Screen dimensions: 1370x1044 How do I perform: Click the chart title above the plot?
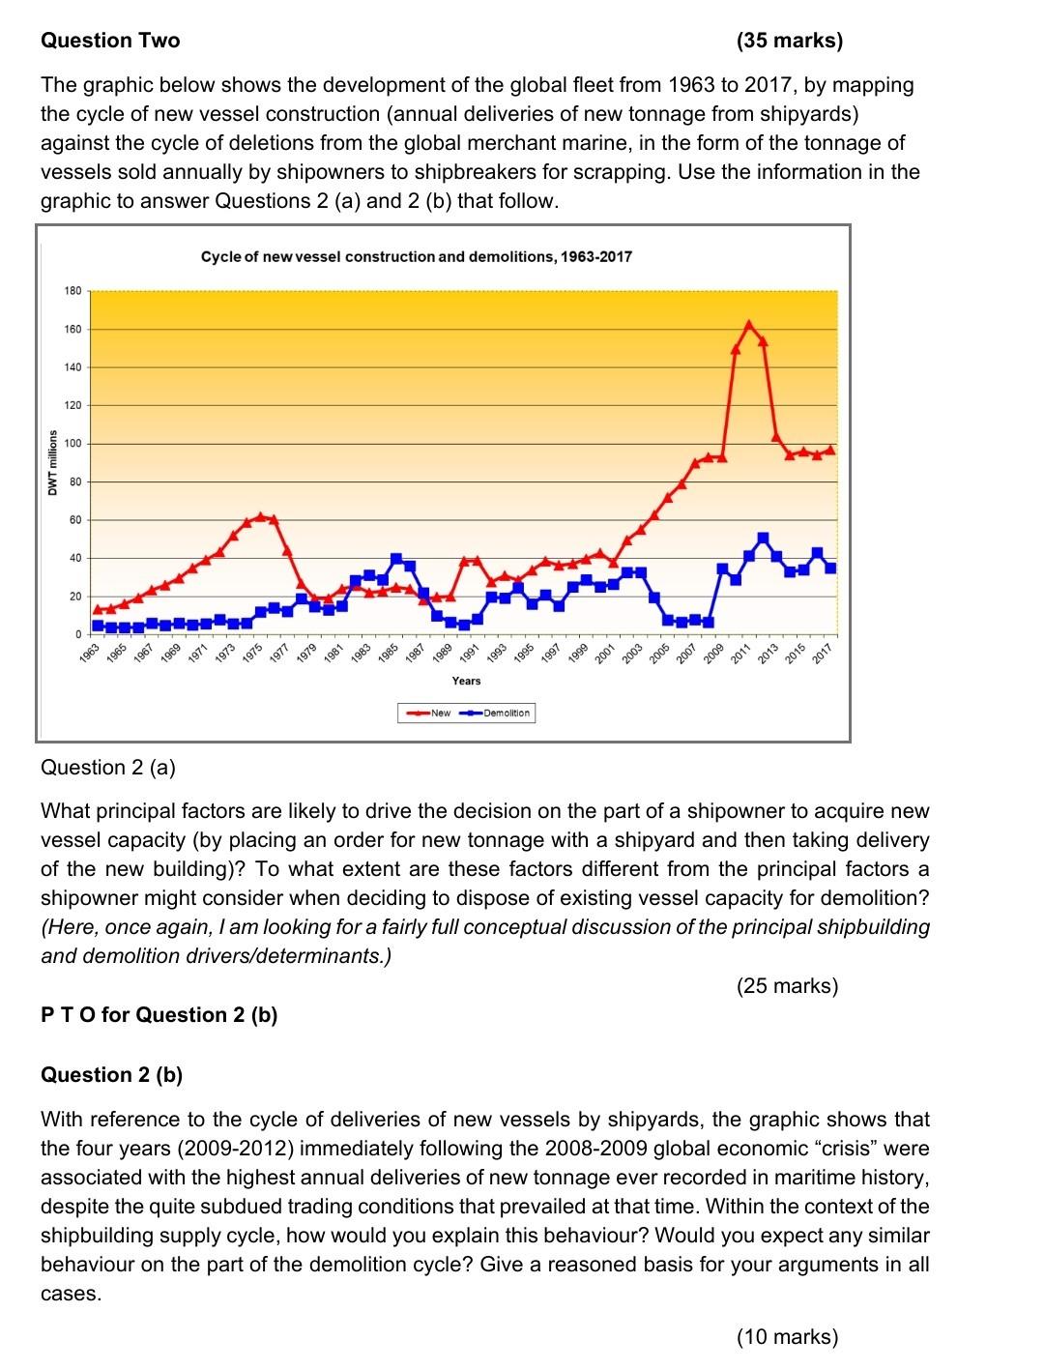(416, 257)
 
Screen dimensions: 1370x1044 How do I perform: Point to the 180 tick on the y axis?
(72, 291)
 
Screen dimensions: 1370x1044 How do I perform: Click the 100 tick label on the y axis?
(72, 444)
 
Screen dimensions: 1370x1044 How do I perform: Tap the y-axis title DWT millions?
(53, 462)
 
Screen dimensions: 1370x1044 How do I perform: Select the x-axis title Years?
(466, 681)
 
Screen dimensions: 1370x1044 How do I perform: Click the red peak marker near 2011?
(749, 324)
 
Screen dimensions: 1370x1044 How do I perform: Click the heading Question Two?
(110, 41)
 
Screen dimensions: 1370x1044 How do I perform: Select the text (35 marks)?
(789, 41)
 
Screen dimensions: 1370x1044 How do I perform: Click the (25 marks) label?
(787, 986)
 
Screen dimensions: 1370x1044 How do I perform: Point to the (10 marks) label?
(787, 1337)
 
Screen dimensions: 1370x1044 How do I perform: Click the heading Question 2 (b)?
(111, 1075)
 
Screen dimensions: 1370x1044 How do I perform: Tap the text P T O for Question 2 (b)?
(159, 1015)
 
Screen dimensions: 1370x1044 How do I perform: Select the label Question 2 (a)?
(108, 768)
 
